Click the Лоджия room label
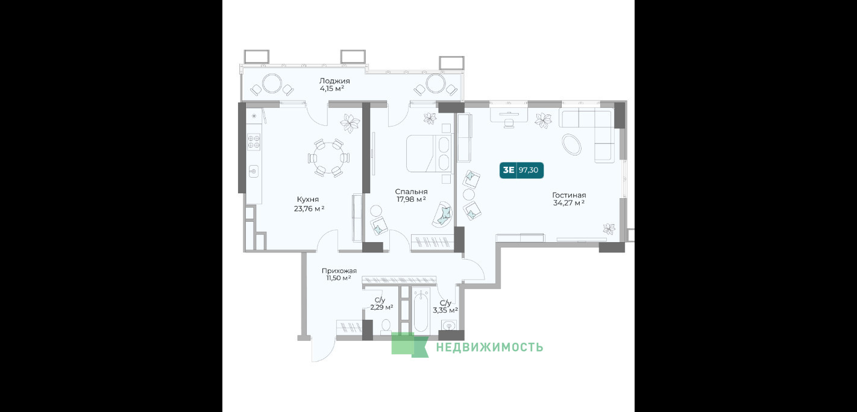(334, 81)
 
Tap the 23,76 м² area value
(309, 209)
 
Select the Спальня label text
(411, 192)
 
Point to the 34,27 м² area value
(568, 203)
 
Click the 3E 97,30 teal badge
(521, 170)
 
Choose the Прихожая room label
(339, 271)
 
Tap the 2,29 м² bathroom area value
(381, 307)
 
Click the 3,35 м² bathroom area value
(445, 310)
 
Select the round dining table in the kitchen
(328, 158)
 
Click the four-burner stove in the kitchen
(254, 141)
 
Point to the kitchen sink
(253, 171)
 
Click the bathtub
(421, 311)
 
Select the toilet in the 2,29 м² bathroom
(386, 326)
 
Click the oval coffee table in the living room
(571, 144)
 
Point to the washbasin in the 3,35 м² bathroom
(448, 325)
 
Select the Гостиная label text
(569, 195)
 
